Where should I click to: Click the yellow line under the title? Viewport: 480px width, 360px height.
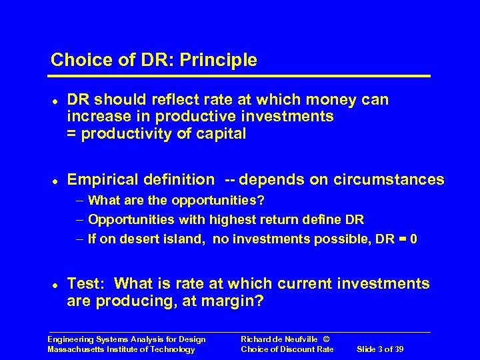[x=240, y=76]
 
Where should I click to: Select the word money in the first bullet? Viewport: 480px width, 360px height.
[x=333, y=100]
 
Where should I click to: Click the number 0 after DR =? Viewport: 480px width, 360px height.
[x=415, y=239]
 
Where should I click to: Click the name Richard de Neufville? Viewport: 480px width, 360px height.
[x=279, y=339]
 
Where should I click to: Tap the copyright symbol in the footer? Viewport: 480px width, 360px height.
[x=325, y=339]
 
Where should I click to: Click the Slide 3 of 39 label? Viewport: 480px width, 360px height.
[x=381, y=349]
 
